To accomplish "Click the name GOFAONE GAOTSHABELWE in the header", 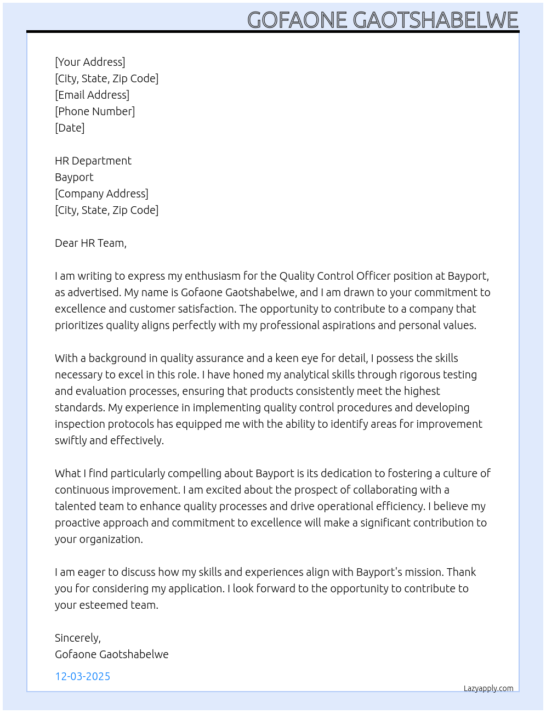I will [x=383, y=20].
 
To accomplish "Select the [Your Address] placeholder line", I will [x=90, y=62].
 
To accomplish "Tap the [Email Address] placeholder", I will [x=92, y=95].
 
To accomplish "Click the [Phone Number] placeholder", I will [x=95, y=111].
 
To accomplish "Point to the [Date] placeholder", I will [x=70, y=128].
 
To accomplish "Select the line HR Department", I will [x=93, y=161].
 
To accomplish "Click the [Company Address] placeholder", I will [x=101, y=194].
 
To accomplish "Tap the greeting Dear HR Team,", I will [x=90, y=243].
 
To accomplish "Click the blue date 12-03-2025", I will [x=83, y=676].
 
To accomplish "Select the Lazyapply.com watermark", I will [x=488, y=688].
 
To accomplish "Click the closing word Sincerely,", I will [x=78, y=638].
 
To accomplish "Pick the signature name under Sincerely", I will [x=112, y=654].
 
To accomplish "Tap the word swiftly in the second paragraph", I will [x=71, y=440].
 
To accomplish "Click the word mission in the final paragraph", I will [x=421, y=572].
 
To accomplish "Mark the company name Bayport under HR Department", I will [x=74, y=177].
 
